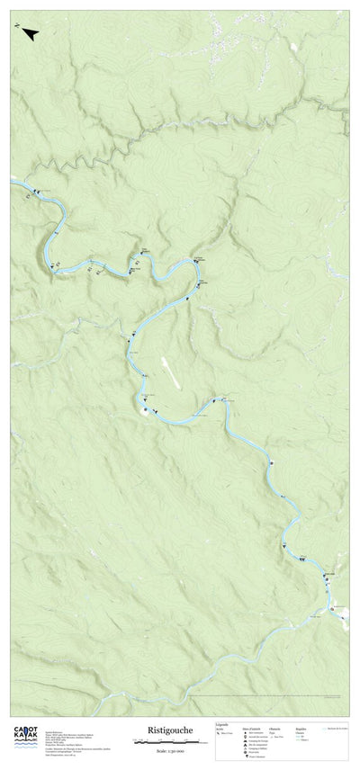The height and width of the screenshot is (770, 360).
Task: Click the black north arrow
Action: pos(31,34)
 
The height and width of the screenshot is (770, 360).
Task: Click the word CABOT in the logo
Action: pos(24,729)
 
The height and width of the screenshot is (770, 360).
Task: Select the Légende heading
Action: pos(221,723)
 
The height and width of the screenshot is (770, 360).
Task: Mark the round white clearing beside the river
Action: pos(145,411)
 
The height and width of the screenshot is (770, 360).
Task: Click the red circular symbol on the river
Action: pos(333,610)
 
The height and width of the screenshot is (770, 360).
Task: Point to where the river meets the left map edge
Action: pos(12,180)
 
